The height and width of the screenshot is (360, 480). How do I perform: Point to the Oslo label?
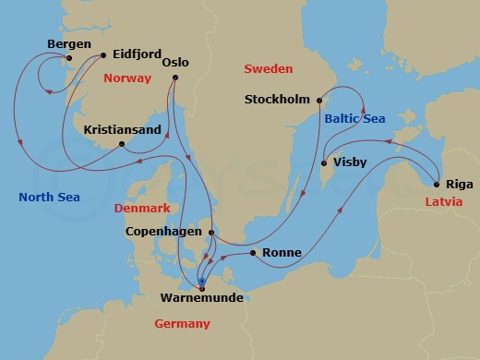pos(174,63)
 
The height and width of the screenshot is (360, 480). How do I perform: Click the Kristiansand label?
pos(122,129)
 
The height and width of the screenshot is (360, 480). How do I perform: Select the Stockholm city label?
pos(278,100)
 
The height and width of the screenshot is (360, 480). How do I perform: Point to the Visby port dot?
pos(323,163)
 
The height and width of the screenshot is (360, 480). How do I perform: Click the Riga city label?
pos(458,184)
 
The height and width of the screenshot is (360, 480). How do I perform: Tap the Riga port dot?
pos(435,184)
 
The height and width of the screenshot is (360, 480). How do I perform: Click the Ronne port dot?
pos(251,252)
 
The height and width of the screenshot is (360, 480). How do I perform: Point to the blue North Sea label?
pos(49,197)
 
